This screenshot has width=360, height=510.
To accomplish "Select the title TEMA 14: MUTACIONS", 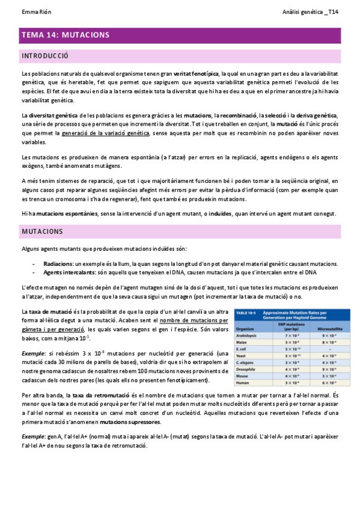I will (66, 35).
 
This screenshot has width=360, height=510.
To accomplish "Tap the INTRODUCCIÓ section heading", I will (45, 56).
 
